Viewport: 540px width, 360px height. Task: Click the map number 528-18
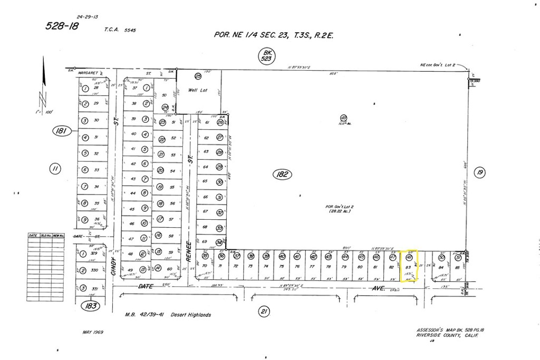click(x=61, y=26)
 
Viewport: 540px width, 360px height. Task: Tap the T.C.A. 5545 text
click(x=120, y=30)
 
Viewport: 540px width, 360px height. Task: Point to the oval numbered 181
click(x=62, y=131)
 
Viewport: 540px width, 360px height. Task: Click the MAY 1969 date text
click(x=94, y=333)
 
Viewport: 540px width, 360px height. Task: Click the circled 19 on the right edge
click(x=479, y=172)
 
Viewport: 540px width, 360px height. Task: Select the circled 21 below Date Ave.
click(x=264, y=312)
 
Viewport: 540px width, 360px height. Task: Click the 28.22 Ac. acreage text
click(x=338, y=211)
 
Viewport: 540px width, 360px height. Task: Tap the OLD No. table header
click(x=46, y=235)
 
